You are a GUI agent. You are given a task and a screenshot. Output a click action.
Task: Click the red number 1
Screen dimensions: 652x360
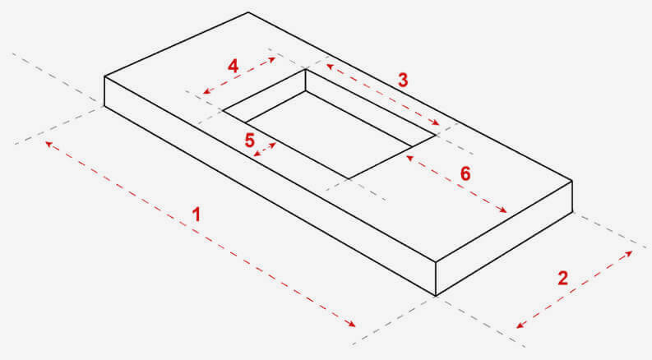(196, 215)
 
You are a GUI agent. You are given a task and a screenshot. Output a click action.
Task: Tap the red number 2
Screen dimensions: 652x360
(562, 278)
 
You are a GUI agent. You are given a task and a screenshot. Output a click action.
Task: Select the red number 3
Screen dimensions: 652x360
(403, 80)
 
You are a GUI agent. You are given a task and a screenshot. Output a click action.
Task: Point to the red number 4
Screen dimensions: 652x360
(233, 66)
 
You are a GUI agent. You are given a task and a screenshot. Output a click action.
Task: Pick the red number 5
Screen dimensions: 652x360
(249, 140)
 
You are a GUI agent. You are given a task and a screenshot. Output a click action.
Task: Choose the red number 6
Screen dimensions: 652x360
(465, 173)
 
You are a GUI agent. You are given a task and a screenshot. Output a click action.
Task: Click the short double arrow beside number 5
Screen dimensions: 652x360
(265, 150)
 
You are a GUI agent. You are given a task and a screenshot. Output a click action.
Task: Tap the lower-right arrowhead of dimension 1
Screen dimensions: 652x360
(352, 325)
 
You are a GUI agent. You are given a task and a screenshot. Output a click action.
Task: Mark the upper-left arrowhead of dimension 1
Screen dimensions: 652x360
(49, 144)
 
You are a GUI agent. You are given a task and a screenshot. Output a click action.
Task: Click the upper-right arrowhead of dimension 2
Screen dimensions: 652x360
(628, 253)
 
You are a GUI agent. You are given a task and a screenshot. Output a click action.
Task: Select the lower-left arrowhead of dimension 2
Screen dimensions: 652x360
(520, 325)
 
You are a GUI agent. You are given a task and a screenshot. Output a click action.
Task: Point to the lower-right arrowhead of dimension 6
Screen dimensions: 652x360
(503, 210)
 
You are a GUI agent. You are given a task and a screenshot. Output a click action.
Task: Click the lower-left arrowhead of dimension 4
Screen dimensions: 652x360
(206, 91)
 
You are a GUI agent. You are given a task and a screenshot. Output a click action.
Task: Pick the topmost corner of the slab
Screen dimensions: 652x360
(248, 12)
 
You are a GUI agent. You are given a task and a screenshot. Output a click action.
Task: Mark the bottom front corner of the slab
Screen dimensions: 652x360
(436, 296)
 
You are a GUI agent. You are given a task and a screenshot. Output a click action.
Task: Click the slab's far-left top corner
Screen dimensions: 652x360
(104, 76)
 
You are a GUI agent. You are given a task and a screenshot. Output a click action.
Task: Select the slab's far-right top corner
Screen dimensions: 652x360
(572, 181)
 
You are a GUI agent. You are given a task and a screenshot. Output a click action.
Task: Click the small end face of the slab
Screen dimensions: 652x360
(504, 238)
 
